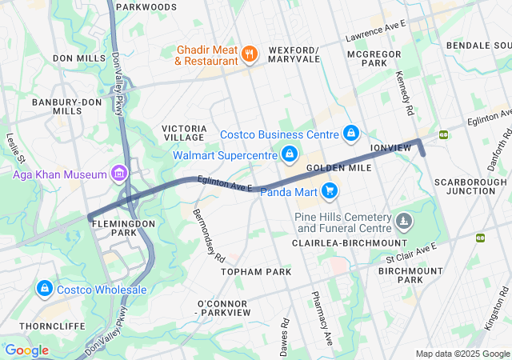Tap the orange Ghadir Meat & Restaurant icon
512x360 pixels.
coord(250,54)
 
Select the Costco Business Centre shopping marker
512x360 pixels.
coord(350,133)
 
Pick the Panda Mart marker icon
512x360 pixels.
coord(328,190)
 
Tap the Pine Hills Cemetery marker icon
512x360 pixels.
coord(405,219)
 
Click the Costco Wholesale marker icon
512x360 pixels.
coord(43,289)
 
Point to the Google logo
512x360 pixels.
coord(26,350)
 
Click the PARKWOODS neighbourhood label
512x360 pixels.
coord(146,7)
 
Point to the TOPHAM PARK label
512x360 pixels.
coord(256,272)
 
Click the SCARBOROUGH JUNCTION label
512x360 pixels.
coord(470,186)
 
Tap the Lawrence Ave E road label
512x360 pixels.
coord(375,31)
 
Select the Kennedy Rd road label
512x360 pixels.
coord(403,90)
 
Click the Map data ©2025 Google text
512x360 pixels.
coord(462,354)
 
